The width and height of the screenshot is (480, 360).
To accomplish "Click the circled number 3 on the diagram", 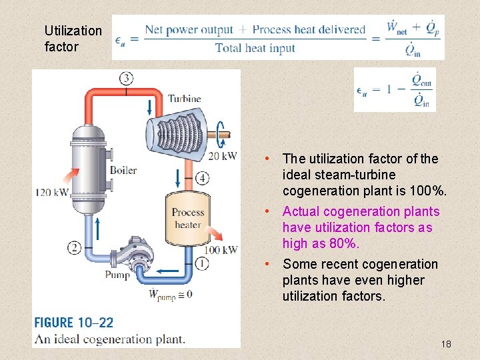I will (126, 79).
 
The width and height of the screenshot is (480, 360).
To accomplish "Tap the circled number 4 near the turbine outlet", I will (202, 178).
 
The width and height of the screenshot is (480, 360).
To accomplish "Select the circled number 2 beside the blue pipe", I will (74, 248).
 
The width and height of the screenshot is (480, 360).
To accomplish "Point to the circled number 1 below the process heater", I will (203, 263).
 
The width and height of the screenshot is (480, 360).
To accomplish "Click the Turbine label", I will (184, 99).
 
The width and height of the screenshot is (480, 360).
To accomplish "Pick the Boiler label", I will (123, 170).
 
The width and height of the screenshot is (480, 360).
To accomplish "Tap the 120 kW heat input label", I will (52, 193).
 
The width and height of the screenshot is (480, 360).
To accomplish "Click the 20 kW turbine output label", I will (222, 156).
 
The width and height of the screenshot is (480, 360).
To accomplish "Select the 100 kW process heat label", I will (221, 250).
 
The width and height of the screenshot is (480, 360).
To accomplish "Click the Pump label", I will (117, 274).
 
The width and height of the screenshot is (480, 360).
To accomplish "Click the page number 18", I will (446, 344).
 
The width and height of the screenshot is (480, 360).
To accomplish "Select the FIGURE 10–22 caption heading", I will (74, 323).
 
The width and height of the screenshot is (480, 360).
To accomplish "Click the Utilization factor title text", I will (73, 39).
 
